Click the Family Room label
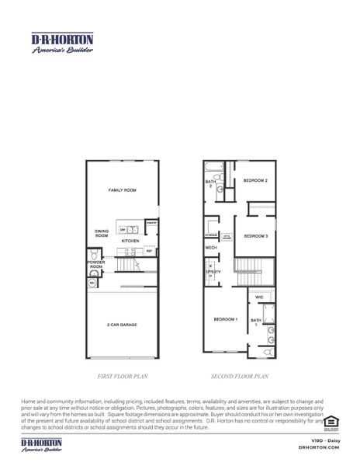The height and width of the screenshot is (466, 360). pyautogui.click(x=122, y=190)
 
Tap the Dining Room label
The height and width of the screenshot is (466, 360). pyautogui.click(x=102, y=232)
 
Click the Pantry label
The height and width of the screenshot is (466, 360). pyautogui.click(x=152, y=223)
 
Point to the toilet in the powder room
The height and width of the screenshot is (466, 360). pyautogui.click(x=93, y=256)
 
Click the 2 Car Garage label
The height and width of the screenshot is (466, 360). pyautogui.click(x=122, y=325)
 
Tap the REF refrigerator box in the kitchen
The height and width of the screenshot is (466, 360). pyautogui.click(x=148, y=251)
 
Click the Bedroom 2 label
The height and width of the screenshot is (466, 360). pyautogui.click(x=255, y=180)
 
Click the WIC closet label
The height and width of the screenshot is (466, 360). pyautogui.click(x=260, y=296)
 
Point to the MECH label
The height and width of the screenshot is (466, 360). pyautogui.click(x=210, y=247)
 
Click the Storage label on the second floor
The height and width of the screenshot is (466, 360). pyautogui.click(x=211, y=234)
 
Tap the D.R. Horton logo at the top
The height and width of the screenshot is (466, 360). pyautogui.click(x=61, y=42)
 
